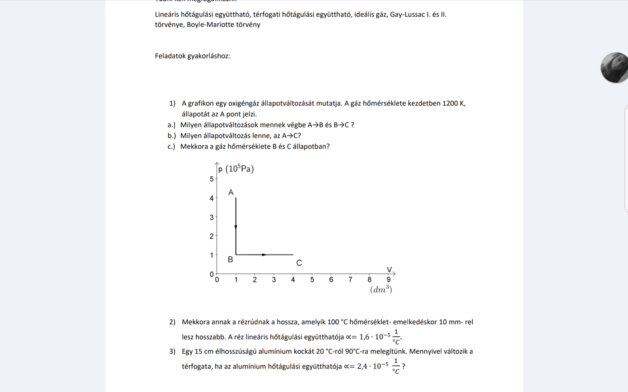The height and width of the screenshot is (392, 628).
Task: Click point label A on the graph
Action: pos(231,193)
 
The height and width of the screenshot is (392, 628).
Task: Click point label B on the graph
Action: pos(230,260)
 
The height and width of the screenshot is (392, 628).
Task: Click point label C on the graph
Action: pos(299,263)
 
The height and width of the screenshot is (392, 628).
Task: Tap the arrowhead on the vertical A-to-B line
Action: pos(236,227)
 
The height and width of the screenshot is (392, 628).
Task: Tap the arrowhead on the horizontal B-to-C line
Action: pos(264,255)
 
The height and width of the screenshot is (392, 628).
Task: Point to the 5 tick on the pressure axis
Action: pos(212,179)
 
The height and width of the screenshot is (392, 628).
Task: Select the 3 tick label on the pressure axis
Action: pos(212,218)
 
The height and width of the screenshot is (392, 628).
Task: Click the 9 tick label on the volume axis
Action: pos(389,280)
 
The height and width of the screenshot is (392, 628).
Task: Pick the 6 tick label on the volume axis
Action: pos(331,280)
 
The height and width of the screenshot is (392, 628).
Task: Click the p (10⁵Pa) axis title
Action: pos(236,169)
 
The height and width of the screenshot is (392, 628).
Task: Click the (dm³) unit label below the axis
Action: pos(381,290)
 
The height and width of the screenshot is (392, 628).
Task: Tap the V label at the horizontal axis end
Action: pos(389,270)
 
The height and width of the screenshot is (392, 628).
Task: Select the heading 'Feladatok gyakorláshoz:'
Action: pos(192,56)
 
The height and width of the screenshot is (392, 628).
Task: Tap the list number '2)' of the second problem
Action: pos(172,322)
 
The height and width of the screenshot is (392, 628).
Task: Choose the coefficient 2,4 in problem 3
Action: pos(362,367)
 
